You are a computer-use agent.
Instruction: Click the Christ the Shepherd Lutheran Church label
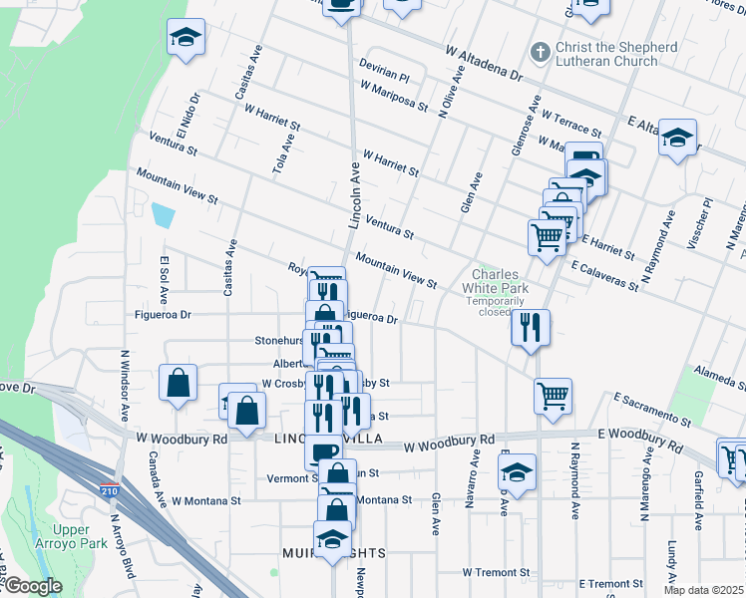tap(605, 54)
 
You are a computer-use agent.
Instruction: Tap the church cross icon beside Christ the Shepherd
tap(540, 51)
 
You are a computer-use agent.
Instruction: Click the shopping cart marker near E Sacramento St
tap(552, 395)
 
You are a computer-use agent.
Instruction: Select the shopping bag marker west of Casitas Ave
tap(178, 383)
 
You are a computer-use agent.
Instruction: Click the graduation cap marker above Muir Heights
tap(332, 539)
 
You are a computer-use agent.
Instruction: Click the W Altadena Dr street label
tap(484, 62)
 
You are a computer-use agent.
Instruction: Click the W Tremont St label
tap(497, 572)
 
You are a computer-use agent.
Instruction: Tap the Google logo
tap(33, 586)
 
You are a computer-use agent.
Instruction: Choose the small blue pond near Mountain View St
tap(162, 213)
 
